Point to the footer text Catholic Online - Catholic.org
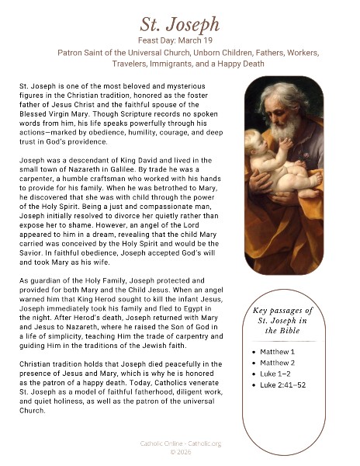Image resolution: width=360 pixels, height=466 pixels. [x=179, y=443]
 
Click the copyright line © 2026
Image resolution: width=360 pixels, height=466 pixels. [x=179, y=451]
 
